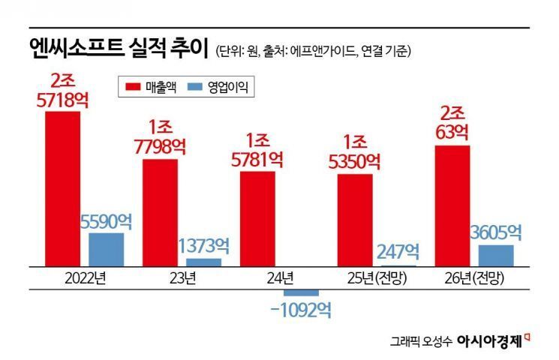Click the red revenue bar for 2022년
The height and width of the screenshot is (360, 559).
point(62,188)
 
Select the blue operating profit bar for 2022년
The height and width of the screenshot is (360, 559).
point(106,249)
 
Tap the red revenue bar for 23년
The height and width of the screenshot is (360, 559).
point(160,212)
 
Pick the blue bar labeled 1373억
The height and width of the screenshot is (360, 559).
point(203,262)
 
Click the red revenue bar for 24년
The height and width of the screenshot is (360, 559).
point(257,218)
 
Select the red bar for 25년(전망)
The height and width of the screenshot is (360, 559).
point(354,220)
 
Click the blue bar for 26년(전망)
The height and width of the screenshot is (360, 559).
point(496,255)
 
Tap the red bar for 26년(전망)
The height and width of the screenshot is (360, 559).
point(452,205)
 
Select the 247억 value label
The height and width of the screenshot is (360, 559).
point(399,252)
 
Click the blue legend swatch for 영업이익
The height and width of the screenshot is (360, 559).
point(196,88)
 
